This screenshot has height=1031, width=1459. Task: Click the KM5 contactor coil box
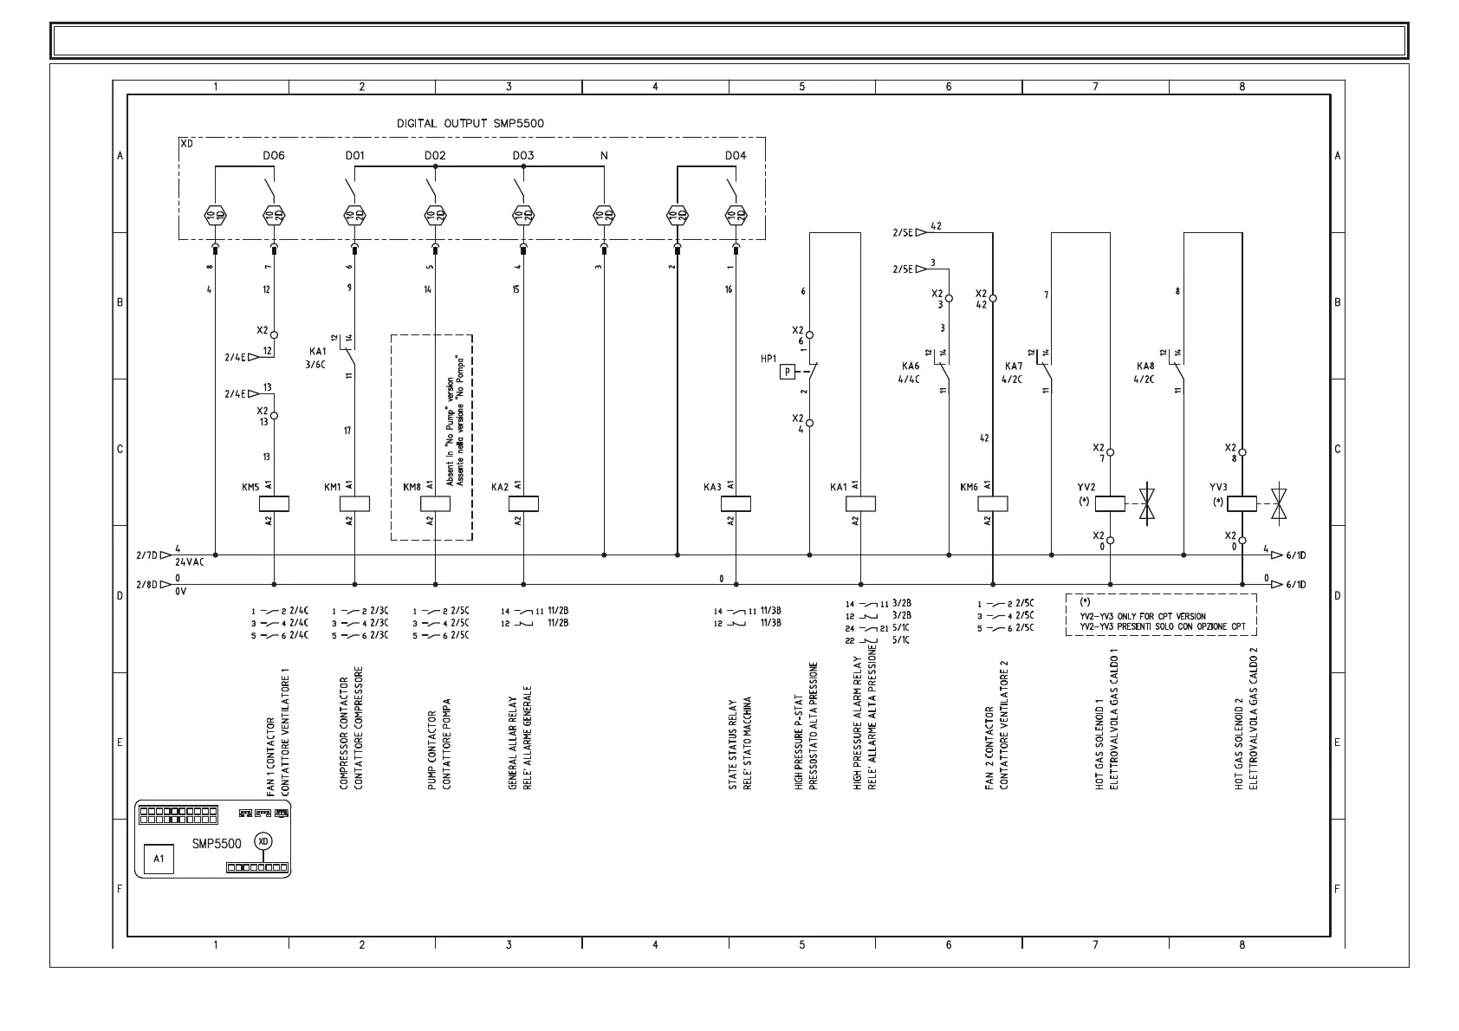click(x=274, y=503)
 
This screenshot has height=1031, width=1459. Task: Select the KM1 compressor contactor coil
click(x=354, y=503)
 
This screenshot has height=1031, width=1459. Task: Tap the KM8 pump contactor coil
click(x=435, y=503)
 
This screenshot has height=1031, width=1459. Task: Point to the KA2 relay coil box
click(x=523, y=503)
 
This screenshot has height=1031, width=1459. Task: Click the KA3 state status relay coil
click(x=736, y=503)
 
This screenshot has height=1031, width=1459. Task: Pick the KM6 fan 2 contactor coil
click(x=992, y=503)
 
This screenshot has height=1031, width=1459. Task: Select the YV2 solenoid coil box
click(x=1110, y=503)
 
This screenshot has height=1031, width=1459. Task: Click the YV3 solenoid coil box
click(x=1242, y=503)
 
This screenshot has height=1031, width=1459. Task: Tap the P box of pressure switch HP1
click(x=787, y=372)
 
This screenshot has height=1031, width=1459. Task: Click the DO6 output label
click(x=274, y=156)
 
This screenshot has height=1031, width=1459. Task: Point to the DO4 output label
click(x=735, y=156)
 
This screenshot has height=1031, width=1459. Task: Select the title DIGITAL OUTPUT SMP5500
click(x=470, y=123)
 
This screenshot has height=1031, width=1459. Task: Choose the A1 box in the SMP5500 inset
click(x=159, y=859)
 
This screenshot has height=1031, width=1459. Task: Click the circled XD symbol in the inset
click(x=263, y=841)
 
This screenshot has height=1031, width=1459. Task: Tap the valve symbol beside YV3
click(x=1278, y=503)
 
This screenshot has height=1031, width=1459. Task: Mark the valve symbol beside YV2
click(x=1147, y=503)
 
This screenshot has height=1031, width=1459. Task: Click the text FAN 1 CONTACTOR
click(x=271, y=757)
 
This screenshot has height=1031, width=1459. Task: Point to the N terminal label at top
click(x=604, y=156)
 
